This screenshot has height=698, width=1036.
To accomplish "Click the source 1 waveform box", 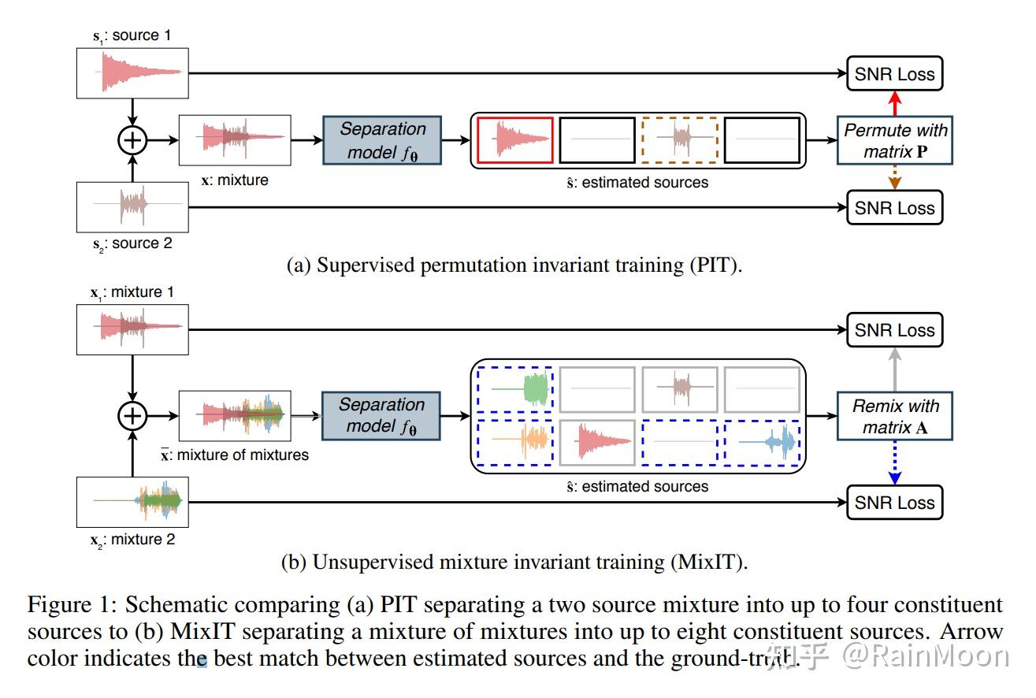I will point(132,72).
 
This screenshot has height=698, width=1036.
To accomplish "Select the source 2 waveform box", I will point(132,206).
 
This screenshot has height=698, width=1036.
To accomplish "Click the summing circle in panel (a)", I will point(132,140).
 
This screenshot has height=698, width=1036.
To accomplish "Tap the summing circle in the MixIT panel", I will point(132,414).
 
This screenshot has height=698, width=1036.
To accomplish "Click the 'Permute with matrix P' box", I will point(895,141).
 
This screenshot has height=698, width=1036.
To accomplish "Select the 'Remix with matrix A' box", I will point(895,417).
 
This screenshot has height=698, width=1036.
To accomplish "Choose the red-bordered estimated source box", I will point(515,140).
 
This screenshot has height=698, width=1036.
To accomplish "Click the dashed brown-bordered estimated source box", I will point(680,140).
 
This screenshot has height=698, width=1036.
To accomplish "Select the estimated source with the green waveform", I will point(515,389).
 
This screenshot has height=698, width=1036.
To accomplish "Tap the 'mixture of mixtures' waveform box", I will point(235,415).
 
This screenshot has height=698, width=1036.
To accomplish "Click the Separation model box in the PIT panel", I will point(382,140).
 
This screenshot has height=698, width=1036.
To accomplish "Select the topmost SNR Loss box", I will point(895,74).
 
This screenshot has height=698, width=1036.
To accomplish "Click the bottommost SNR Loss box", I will point(895,503).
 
